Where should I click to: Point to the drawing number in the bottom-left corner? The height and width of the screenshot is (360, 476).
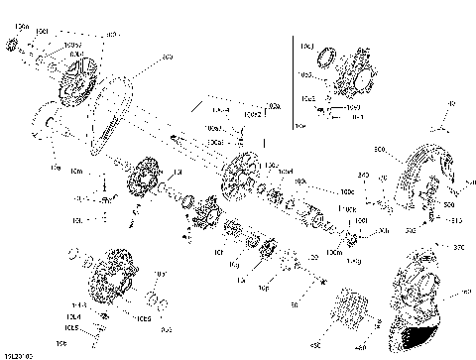[x=18, y=354]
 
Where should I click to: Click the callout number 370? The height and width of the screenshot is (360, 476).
[x=458, y=248]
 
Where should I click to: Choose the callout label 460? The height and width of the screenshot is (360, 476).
[x=359, y=347]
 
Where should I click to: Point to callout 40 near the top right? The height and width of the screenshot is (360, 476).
[x=451, y=103]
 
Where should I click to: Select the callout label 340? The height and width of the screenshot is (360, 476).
[x=363, y=175]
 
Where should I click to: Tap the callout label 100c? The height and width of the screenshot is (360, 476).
[x=347, y=191]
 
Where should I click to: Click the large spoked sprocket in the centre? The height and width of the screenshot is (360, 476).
[x=241, y=175]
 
